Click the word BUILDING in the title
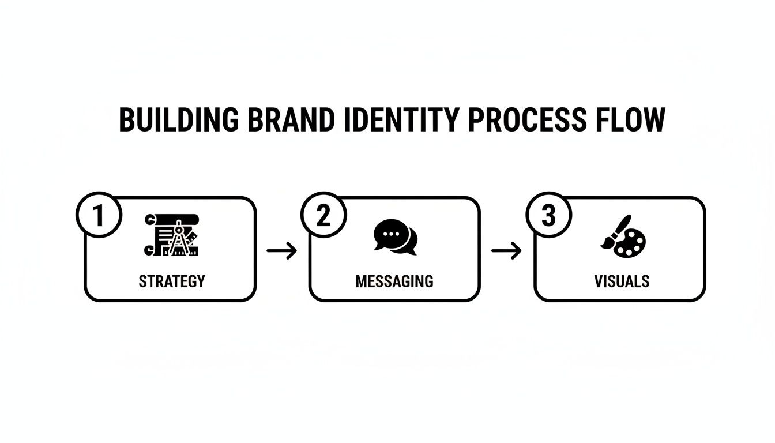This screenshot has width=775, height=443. pyautogui.click(x=179, y=121)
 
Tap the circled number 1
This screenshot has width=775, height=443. pyautogui.click(x=99, y=216)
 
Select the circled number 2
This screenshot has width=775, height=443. pyautogui.click(x=323, y=216)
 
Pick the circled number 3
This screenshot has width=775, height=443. pyautogui.click(x=548, y=216)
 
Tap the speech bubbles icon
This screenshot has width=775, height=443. pyautogui.click(x=395, y=236)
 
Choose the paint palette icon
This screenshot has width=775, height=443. pyautogui.click(x=623, y=236)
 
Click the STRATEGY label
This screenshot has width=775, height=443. pyautogui.click(x=171, y=281)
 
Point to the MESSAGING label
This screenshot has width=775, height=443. pyautogui.click(x=394, y=281)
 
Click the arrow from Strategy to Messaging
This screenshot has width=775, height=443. pyautogui.click(x=282, y=250)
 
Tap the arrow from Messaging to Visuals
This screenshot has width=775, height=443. pyautogui.click(x=506, y=250)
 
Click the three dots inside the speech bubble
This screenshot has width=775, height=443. pyautogui.click(x=390, y=234)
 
